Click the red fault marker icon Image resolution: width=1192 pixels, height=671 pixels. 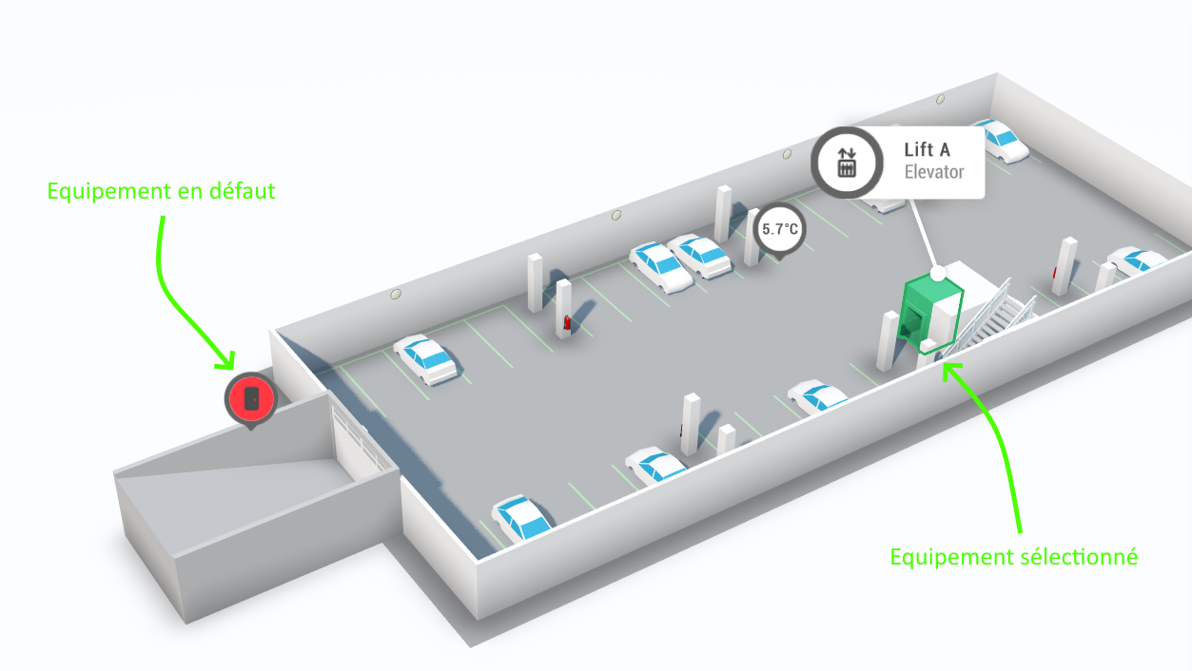pos(250,398)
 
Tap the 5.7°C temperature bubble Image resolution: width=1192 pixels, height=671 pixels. pos(779,230)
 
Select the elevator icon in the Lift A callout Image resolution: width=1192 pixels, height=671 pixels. pos(847,163)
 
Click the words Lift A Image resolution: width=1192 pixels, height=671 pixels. pos(927,150)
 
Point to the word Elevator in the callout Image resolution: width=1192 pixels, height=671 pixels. pos(933,172)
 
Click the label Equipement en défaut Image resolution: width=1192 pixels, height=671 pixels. pos(161,191)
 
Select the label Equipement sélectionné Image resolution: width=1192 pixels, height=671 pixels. pos(1013,557)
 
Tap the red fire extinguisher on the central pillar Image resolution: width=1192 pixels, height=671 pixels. pos(568,323)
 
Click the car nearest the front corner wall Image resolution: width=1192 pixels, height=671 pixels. pos(521,519)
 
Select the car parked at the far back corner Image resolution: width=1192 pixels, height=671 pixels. pos(1000,139)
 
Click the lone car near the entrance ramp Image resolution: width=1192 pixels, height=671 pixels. pos(426,358)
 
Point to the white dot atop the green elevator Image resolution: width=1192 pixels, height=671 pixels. pos(938,274)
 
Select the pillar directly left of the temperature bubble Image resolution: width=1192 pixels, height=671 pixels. pos(723,213)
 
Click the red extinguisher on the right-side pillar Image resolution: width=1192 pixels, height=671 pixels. pos(1055,273)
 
